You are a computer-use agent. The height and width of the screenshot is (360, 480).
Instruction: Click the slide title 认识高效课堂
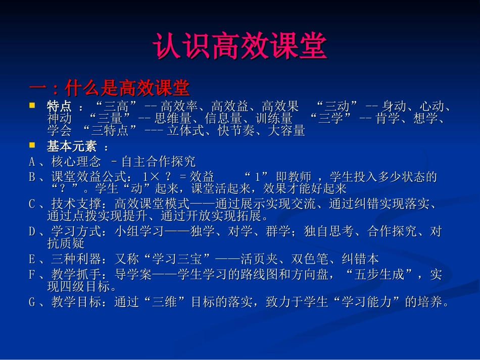point(240,47)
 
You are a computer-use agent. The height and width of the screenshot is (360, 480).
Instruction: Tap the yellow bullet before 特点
point(32,106)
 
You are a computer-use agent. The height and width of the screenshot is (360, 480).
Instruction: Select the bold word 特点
point(59,107)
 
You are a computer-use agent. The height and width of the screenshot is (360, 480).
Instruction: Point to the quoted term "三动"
point(338,107)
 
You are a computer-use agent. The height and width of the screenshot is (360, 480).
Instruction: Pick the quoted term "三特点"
point(113,131)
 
